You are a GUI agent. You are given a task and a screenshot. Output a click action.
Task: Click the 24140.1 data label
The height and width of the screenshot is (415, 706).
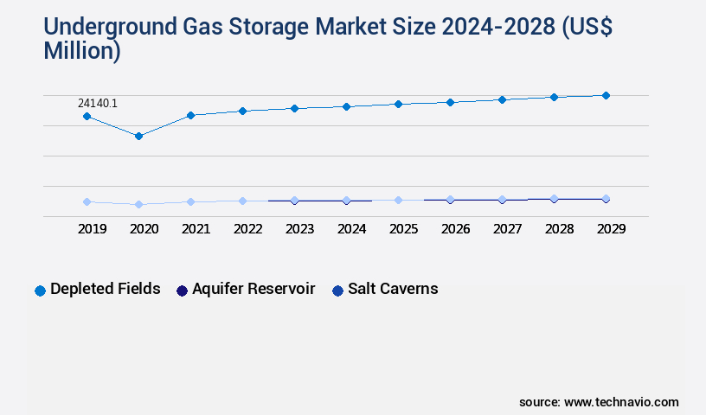(x=98, y=104)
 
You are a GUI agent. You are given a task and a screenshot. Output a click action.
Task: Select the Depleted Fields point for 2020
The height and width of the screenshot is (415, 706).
(x=138, y=136)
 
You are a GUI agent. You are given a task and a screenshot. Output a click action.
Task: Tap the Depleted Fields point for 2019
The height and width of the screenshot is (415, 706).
(x=87, y=116)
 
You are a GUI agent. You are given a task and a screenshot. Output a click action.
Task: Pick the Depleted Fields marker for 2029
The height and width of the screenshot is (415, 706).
(x=606, y=95)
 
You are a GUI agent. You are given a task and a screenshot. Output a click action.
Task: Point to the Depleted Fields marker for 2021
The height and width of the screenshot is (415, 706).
(x=190, y=115)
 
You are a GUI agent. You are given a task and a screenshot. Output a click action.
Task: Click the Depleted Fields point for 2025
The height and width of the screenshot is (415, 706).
(x=398, y=104)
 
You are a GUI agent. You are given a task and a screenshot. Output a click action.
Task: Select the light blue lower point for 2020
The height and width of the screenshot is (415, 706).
(x=138, y=204)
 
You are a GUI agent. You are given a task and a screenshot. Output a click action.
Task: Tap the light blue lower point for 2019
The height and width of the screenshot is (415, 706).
(x=87, y=201)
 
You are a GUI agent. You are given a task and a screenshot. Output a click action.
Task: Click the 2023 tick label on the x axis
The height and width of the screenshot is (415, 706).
(x=299, y=229)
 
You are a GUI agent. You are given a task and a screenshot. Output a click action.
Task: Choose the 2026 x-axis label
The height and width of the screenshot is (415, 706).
(x=455, y=229)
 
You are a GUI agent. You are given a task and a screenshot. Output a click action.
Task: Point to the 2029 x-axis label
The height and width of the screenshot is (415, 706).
(x=611, y=229)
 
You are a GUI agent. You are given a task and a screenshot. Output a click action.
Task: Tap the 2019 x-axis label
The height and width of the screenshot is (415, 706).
(x=92, y=229)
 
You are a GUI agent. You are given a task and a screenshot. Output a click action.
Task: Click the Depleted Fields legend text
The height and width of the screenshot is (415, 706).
(x=106, y=289)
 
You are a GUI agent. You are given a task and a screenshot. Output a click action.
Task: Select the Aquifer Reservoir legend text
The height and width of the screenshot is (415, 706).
(x=254, y=289)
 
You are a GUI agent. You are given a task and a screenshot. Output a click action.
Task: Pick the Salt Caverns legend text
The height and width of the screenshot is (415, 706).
(x=393, y=289)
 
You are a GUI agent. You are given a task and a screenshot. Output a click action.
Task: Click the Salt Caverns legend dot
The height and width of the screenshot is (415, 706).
(x=338, y=290)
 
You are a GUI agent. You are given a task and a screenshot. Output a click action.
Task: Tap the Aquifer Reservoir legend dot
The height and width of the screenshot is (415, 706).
(x=183, y=290)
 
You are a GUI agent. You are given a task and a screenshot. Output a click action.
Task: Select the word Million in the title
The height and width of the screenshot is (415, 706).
(x=80, y=50)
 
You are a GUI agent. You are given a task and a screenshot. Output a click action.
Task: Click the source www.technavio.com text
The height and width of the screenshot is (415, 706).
(x=599, y=402)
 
